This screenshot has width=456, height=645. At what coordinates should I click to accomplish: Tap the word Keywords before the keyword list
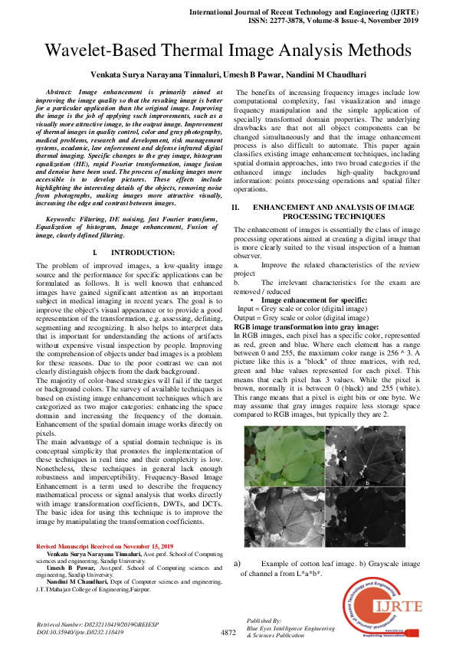point(67,219)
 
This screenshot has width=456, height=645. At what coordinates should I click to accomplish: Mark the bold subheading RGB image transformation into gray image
point(307,326)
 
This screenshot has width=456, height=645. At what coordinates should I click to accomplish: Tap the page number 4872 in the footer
point(228,632)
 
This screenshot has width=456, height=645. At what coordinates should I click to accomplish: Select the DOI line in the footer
point(80,632)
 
